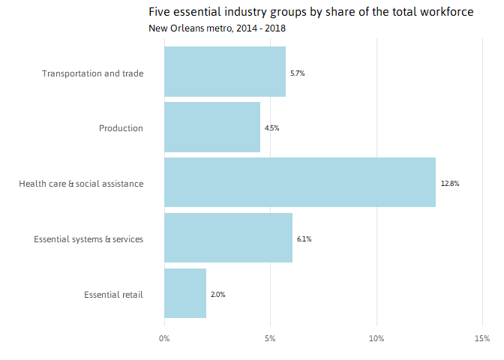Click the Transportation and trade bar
[x=225, y=72]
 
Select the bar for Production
[x=212, y=127]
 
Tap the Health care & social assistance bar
[x=300, y=182]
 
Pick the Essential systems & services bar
[x=228, y=238]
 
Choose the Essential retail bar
[x=185, y=293]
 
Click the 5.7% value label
[x=298, y=73]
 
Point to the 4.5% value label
[x=271, y=128]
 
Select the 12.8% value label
[x=450, y=184]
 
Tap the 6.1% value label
[x=304, y=239]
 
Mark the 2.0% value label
[x=217, y=295]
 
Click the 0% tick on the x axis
[x=164, y=339]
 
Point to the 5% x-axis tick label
[x=270, y=339]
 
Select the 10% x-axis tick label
[x=376, y=339]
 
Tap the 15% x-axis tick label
[x=482, y=339]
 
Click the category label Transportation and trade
[x=92, y=73]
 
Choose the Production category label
[x=121, y=128]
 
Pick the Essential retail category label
[x=113, y=295]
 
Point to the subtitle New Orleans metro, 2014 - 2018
[x=217, y=28]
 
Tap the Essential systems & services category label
[x=88, y=239]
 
